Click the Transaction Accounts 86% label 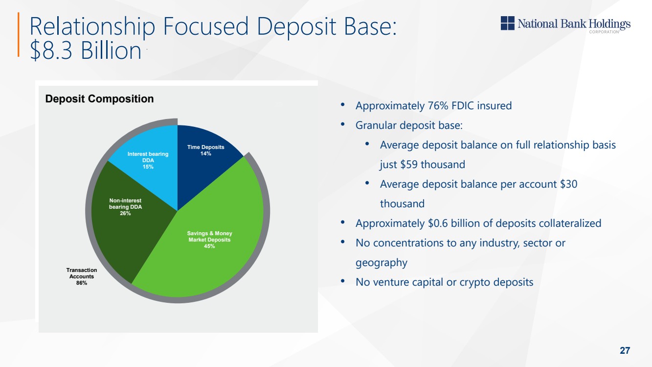pyautogui.click(x=82, y=276)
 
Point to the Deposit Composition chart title pyautogui.click(x=100, y=99)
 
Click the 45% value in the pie pyautogui.click(x=209, y=246)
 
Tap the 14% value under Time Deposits pyautogui.click(x=205, y=154)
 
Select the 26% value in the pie pyautogui.click(x=125, y=213)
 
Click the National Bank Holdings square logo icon pyautogui.click(x=508, y=23)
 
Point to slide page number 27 pyautogui.click(x=625, y=350)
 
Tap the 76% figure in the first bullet pyautogui.click(x=438, y=105)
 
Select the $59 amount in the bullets pyautogui.click(x=409, y=165)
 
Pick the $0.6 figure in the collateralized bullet pyautogui.click(x=438, y=223)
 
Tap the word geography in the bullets pyautogui.click(x=382, y=263)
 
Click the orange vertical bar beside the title pyautogui.click(x=19, y=34)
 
